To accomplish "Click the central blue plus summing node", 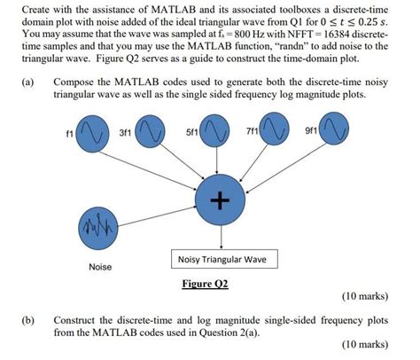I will [217, 201].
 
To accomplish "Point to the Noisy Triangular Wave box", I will [222, 260].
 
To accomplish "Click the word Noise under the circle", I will [100, 267].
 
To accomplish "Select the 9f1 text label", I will [310, 133].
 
